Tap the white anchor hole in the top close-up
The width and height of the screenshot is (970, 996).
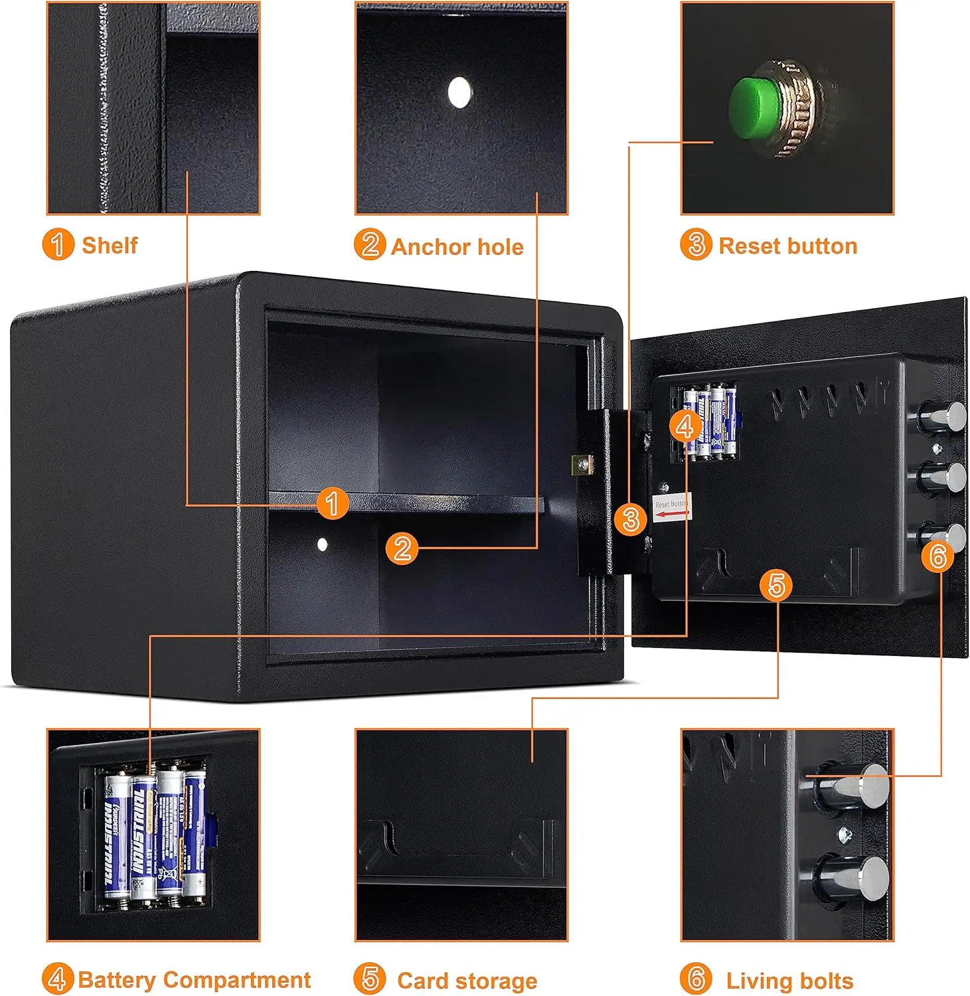click(x=459, y=92)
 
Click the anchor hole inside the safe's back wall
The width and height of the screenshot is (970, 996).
click(x=323, y=544)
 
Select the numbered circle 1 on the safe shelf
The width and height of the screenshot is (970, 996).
click(x=332, y=503)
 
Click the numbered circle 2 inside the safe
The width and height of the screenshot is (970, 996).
click(x=402, y=548)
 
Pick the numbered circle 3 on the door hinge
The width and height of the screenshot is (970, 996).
click(x=631, y=519)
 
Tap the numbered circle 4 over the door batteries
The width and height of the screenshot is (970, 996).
click(x=685, y=426)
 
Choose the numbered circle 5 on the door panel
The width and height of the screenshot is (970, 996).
click(x=776, y=585)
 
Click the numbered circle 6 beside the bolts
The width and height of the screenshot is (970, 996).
click(x=937, y=555)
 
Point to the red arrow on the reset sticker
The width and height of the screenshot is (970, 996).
click(x=671, y=514)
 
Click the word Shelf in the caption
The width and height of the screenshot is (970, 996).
click(x=110, y=245)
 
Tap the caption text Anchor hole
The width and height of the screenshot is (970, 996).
click(x=457, y=247)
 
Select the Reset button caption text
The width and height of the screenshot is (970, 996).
click(x=788, y=246)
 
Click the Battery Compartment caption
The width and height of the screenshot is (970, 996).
click(x=194, y=980)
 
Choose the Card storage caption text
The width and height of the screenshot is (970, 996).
click(x=467, y=981)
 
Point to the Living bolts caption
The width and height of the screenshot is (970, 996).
click(x=789, y=981)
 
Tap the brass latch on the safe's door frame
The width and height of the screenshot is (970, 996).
click(x=582, y=465)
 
